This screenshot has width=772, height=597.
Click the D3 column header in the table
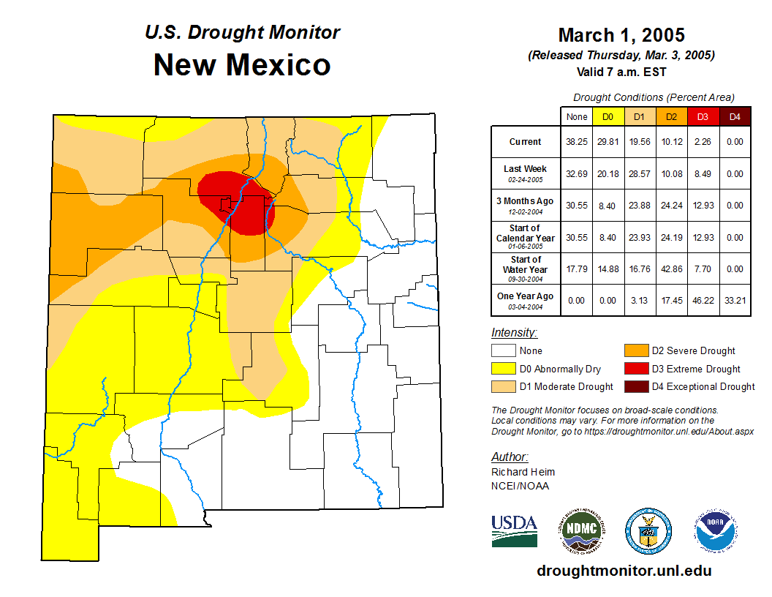click(x=703, y=116)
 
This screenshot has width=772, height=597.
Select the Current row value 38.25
click(x=577, y=142)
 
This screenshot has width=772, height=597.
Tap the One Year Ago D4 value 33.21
click(x=735, y=301)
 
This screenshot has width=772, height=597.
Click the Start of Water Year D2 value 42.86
click(x=672, y=269)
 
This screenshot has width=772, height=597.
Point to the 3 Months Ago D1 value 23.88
click(x=640, y=206)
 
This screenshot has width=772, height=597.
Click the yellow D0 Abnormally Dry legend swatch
click(x=504, y=369)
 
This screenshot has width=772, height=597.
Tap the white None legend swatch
click(x=504, y=351)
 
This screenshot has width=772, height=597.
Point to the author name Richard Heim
click(x=523, y=472)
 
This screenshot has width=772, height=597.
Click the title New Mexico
click(x=242, y=65)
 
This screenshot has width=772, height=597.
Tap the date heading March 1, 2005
click(x=621, y=35)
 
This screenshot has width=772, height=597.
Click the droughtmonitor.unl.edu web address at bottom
click(x=624, y=571)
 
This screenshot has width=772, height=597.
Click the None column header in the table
click(x=577, y=116)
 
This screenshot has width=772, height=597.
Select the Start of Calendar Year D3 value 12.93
click(x=703, y=238)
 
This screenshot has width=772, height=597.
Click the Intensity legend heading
click(x=514, y=333)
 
